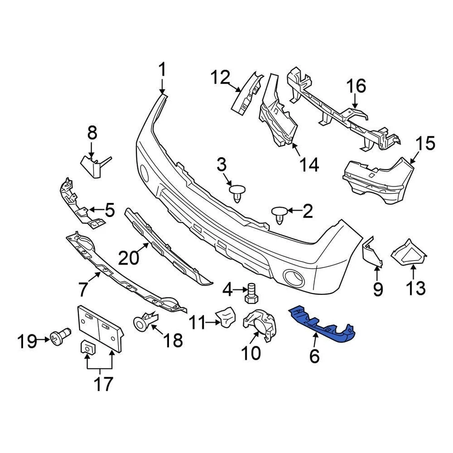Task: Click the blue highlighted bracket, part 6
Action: click(x=323, y=323)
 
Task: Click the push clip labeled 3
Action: click(x=237, y=192)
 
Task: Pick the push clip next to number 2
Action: click(x=279, y=215)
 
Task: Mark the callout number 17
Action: click(x=103, y=384)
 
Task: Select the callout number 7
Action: click(x=83, y=287)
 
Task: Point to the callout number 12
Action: click(x=220, y=77)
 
